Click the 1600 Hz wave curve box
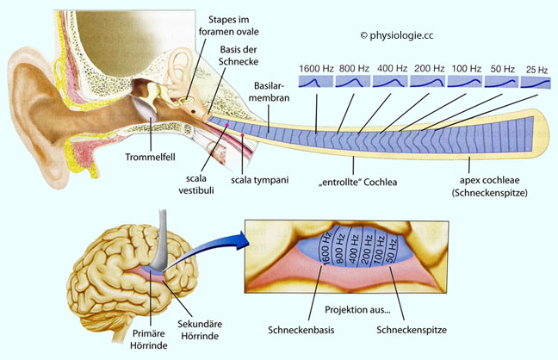[x=316, y=82]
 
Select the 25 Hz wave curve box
[x=536, y=83]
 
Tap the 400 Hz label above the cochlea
[x=392, y=68]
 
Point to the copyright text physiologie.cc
[x=397, y=35]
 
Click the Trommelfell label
[x=150, y=157]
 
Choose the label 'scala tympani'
[x=259, y=180]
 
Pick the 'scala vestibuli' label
[x=196, y=184]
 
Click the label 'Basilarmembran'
[x=269, y=91]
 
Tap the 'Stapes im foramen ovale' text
[x=228, y=25]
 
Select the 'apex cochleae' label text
[x=489, y=180]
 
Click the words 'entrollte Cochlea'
[x=357, y=182]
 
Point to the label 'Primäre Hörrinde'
[x=148, y=339]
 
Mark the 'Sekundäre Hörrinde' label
[x=200, y=330]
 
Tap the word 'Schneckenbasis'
[x=301, y=330]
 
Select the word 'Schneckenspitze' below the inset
[x=412, y=330]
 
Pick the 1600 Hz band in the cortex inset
[x=325, y=248]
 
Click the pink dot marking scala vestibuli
[x=226, y=125]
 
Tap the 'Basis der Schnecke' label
[x=239, y=55]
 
